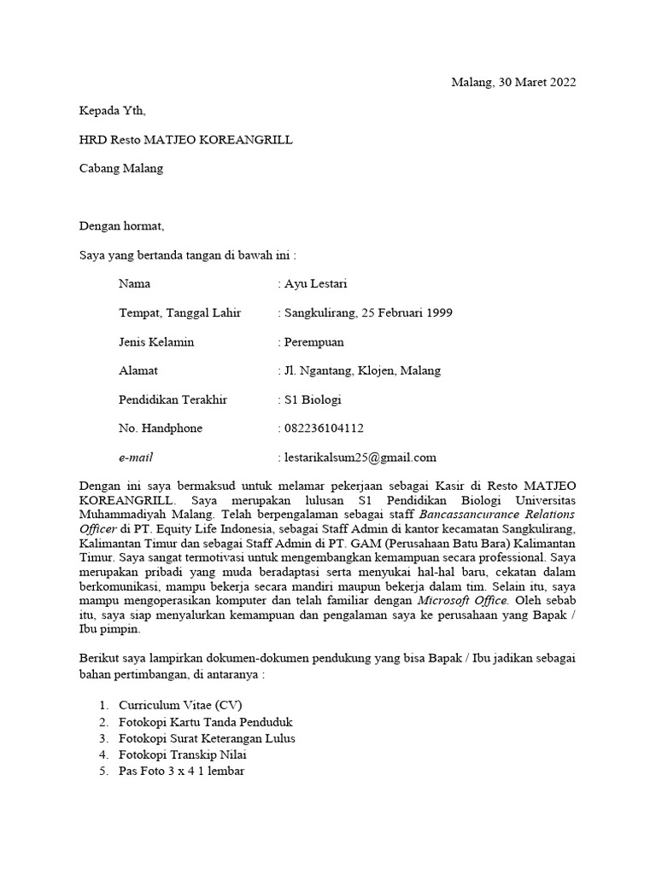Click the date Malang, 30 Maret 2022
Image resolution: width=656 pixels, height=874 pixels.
[x=513, y=83]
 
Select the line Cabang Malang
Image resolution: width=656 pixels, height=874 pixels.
[x=120, y=168]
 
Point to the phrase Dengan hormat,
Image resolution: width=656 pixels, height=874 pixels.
[x=120, y=226]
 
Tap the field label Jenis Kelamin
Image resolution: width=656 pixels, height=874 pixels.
[x=156, y=341]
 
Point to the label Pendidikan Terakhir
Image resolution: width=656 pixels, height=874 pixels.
[x=173, y=399]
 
